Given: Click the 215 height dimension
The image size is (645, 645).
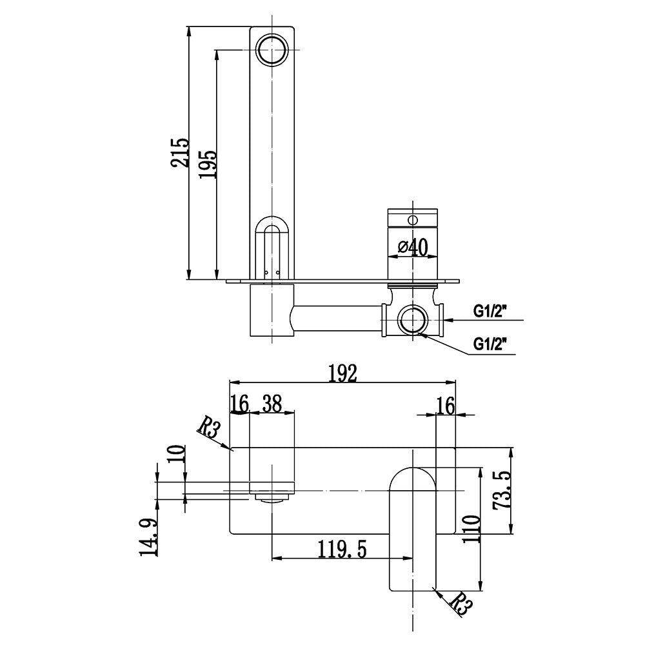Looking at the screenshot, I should coord(180,153).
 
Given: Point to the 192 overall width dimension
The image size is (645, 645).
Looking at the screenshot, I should coord(342,373).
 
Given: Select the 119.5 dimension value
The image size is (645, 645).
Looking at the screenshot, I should coord(341,549).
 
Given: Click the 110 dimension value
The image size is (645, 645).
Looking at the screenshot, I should coord(473,528).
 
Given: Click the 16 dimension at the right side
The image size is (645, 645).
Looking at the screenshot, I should coord(446,405).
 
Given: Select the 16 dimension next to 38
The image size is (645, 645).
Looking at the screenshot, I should coord(239,404).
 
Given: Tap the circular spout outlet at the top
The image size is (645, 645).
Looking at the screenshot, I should coord(272,49).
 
